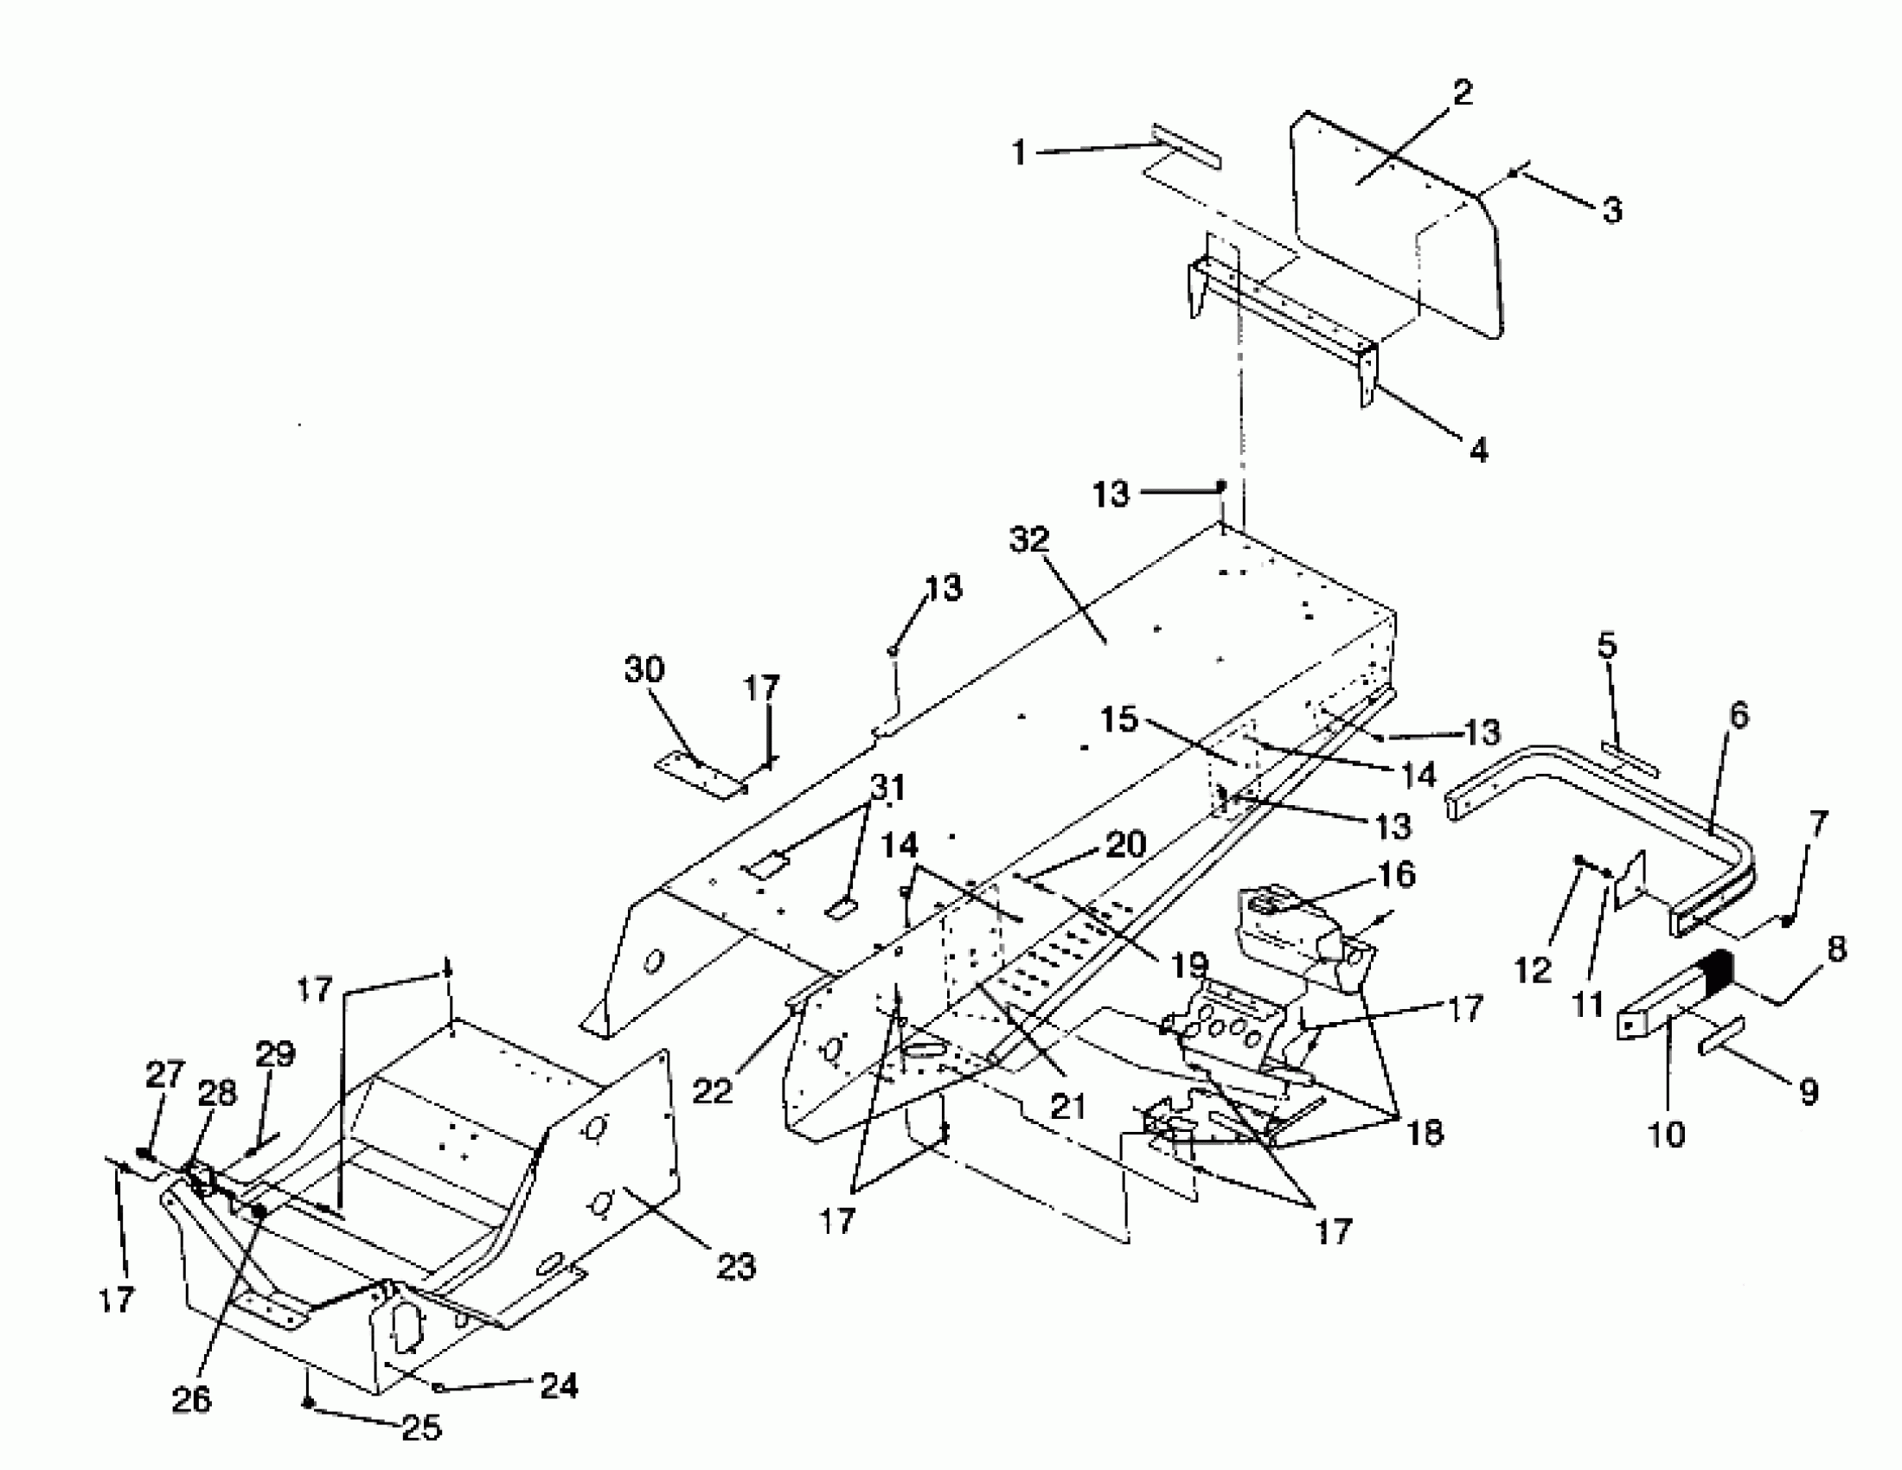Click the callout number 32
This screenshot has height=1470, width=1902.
pos(1029,540)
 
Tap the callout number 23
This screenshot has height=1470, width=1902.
pos(736,1266)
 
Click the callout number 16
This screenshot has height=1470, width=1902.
pos(1398,874)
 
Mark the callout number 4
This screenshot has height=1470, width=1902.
pos(1479,451)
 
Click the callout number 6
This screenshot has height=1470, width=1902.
pos(1739,715)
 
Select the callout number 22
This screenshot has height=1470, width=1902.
pos(713,1090)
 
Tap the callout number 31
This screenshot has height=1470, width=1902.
pos(888,788)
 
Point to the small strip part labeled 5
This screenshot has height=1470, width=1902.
pos(1630,759)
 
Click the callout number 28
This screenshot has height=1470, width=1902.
pos(217,1092)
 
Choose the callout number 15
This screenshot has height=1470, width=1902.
pos(1119,719)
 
